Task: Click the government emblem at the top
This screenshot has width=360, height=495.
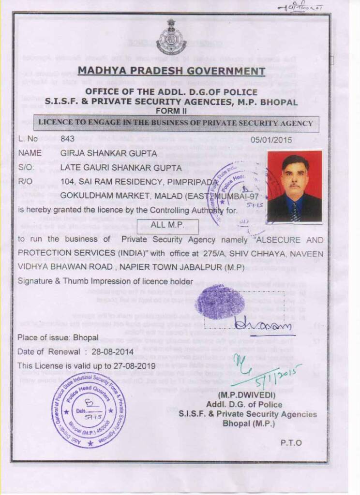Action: tap(171, 37)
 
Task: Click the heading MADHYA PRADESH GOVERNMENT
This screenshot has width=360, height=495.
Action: tap(171, 71)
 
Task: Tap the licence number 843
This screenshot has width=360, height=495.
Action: tap(67, 139)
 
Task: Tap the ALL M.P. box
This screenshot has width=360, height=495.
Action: tap(167, 226)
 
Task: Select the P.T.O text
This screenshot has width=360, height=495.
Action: tap(291, 443)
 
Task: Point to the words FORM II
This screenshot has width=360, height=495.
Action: tap(172, 109)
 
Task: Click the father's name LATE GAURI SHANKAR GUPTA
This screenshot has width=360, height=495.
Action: tap(121, 168)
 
